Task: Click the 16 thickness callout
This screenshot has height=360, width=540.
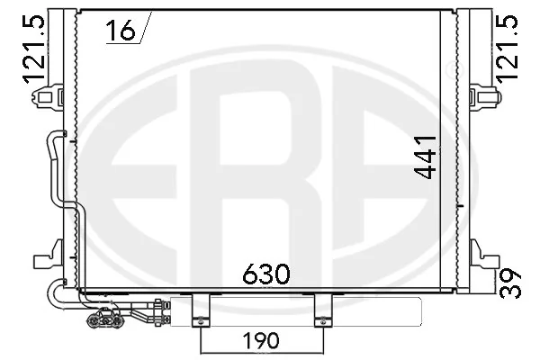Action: pos(119,31)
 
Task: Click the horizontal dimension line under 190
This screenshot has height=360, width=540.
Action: pos(261,351)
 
